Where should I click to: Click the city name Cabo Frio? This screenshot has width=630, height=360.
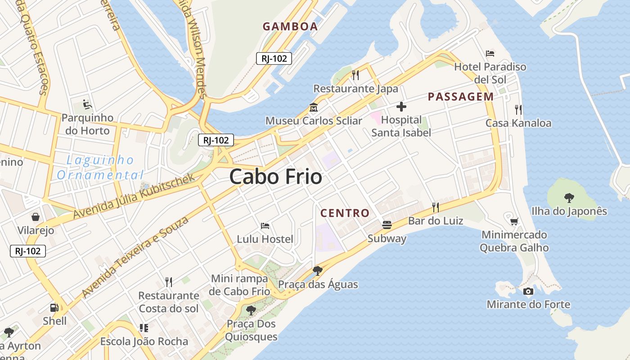tap(275, 177)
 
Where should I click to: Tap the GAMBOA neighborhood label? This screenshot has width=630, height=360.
tap(290, 27)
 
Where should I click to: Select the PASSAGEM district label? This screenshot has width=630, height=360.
tap(460, 97)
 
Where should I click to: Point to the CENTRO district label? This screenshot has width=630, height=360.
tap(345, 213)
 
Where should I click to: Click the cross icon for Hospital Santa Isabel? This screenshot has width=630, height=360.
tap(401, 107)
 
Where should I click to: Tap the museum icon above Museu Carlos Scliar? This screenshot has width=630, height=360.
tap(313, 108)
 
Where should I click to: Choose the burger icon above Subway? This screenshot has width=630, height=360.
tap(387, 225)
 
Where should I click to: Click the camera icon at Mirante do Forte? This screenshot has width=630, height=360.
tap(528, 291)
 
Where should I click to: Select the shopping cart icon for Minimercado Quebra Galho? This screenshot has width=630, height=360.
tap(514, 221)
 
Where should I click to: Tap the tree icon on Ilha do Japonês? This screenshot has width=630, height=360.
tap(569, 198)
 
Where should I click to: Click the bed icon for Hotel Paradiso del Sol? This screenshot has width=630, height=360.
tap(490, 54)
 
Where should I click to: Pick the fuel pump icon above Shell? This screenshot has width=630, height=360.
tap(54, 308)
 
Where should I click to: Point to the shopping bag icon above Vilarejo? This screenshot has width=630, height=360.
tap(36, 217)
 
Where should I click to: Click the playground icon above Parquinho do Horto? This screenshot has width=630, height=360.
tap(88, 105)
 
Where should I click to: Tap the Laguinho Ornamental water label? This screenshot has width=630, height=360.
tap(100, 167)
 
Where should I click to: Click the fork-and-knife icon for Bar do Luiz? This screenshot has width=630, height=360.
tap(435, 207)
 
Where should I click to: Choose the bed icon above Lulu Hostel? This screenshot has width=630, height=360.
tap(265, 226)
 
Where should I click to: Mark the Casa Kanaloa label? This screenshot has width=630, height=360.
tap(518, 123)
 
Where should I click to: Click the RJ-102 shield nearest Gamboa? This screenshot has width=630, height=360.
tap(274, 58)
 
